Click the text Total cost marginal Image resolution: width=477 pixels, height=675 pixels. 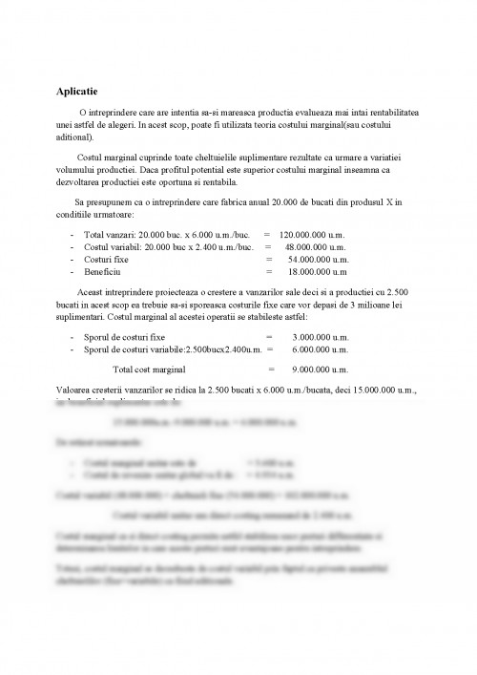click(149, 369)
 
